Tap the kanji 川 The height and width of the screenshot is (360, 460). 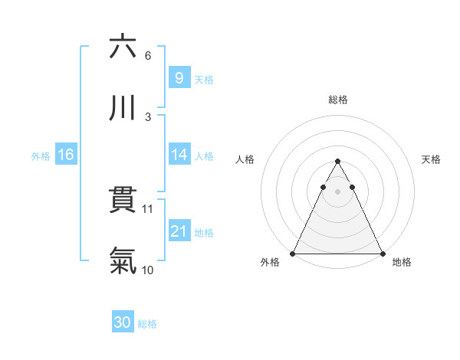[x=123, y=106]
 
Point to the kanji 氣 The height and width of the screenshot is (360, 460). [x=123, y=260]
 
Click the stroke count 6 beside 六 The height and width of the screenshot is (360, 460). [x=147, y=55]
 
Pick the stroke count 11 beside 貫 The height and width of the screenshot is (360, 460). [x=149, y=208]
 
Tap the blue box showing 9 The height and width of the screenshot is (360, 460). [x=179, y=77]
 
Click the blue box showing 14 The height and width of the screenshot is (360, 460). [x=179, y=155]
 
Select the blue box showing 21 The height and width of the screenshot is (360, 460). [x=179, y=231]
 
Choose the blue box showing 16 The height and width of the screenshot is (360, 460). [x=66, y=155]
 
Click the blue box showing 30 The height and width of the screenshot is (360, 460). [x=122, y=323]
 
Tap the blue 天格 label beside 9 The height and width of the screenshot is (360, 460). [x=204, y=79]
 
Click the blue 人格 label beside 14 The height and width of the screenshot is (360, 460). [x=204, y=156]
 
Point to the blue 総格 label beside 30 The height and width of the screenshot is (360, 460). [x=147, y=325]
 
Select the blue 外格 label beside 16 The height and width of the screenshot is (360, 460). [x=41, y=156]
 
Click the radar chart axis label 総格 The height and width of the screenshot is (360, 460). [x=337, y=100]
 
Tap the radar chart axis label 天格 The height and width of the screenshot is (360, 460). [x=431, y=159]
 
